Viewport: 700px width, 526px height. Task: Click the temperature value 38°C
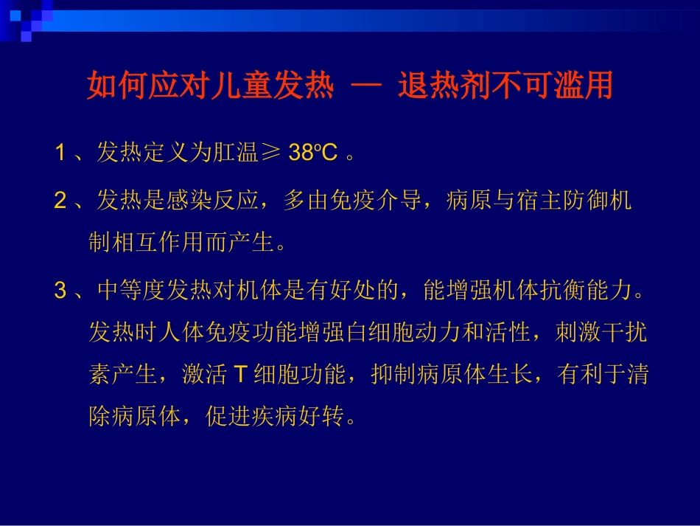(312, 153)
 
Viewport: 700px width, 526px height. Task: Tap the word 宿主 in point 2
(540, 201)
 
